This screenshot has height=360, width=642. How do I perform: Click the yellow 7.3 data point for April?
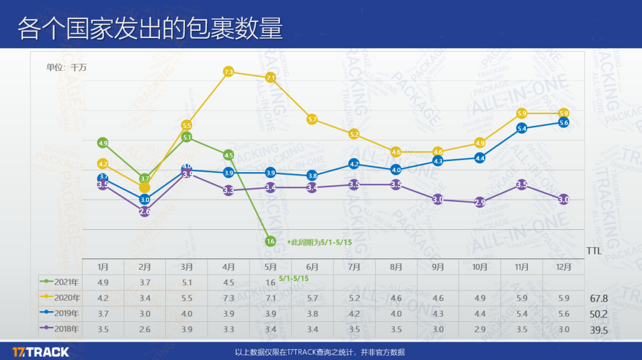(228, 72)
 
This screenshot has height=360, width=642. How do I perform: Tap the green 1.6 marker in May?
(270, 241)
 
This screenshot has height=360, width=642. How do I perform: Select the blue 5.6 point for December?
(564, 122)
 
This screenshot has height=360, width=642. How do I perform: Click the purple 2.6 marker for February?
(144, 211)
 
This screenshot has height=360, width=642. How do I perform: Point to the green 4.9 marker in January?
(103, 143)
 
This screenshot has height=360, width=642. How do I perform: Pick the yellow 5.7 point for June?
(312, 119)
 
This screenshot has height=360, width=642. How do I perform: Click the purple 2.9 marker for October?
(480, 203)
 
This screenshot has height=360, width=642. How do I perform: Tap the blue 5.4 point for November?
(522, 128)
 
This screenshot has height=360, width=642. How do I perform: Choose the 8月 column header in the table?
(396, 267)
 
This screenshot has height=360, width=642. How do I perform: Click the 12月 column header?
(563, 267)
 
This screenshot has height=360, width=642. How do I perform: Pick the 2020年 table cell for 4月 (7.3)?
(228, 298)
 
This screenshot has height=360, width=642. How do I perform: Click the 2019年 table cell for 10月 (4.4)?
(479, 313)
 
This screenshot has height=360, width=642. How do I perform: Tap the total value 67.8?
(598, 298)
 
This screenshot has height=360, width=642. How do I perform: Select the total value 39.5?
(598, 330)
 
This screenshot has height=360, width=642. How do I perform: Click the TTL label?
(594, 251)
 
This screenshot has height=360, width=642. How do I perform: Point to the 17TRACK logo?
(40, 352)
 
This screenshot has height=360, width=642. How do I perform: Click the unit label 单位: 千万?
(66, 68)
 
